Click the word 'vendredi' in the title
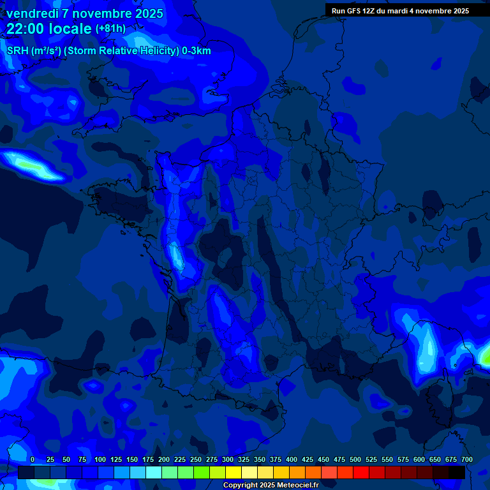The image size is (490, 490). click(x=33, y=13)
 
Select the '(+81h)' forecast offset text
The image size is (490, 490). click(x=110, y=29)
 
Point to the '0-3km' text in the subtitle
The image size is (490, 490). click(x=196, y=51)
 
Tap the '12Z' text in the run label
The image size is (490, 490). click(x=369, y=11)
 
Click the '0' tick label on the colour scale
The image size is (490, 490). click(x=33, y=460)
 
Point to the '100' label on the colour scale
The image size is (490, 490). click(x=100, y=460)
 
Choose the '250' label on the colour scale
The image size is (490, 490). click(x=196, y=460)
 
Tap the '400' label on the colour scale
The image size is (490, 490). click(x=292, y=460)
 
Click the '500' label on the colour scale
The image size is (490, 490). click(x=355, y=460)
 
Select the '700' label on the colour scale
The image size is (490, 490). click(x=466, y=460)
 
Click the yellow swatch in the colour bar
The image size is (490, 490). click(x=233, y=472)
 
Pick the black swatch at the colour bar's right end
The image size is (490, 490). click(x=456, y=472)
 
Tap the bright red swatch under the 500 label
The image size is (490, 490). click(x=360, y=472)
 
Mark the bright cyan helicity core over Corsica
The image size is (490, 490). click(x=428, y=351)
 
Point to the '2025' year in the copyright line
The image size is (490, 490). click(x=267, y=486)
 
